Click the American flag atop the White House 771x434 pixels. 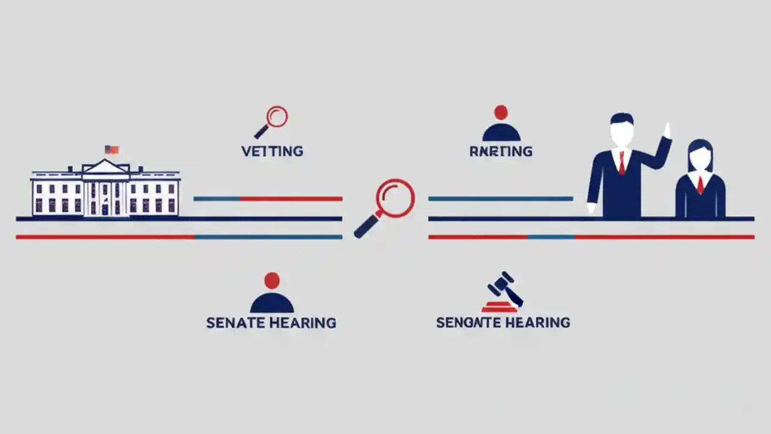(x=111, y=149)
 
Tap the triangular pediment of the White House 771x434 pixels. (x=105, y=167)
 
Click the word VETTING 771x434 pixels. (x=272, y=151)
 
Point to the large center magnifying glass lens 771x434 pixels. (x=396, y=198)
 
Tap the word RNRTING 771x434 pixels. (x=501, y=151)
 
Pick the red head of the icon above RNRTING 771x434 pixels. (x=501, y=112)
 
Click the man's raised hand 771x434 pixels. (x=666, y=131)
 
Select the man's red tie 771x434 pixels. (x=621, y=163)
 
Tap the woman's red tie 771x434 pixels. (x=700, y=184)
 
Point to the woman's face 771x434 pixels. (x=700, y=159)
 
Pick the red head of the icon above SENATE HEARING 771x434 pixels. (x=272, y=280)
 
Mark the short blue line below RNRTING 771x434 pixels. (x=500, y=198)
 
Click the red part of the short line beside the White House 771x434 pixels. (x=291, y=198)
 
